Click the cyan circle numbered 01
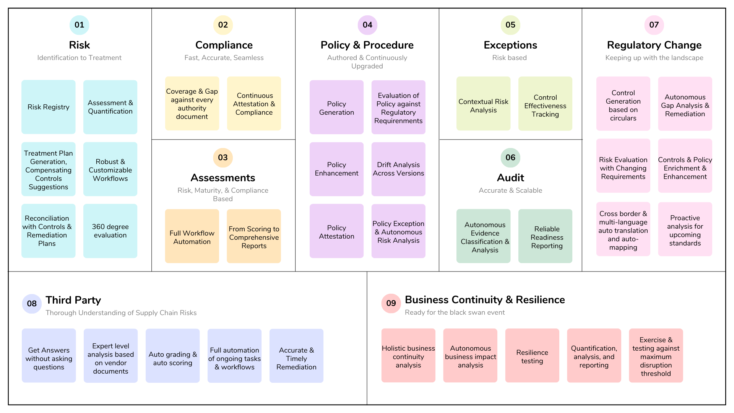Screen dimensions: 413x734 tap(79, 25)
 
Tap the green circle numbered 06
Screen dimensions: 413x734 tap(510, 158)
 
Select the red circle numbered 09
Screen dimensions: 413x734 tap(391, 303)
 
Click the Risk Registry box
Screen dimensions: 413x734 tap(49, 107)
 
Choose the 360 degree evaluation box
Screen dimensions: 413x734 tap(110, 231)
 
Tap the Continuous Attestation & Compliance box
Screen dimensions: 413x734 tap(254, 104)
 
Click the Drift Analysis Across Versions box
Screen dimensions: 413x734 tap(398, 169)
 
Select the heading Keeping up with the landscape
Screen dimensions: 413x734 tap(654, 58)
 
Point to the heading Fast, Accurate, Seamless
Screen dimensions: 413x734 tap(224, 58)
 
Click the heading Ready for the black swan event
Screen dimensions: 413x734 tap(455, 312)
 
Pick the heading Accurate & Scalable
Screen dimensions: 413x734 tap(510, 190)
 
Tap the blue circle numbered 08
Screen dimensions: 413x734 tap(32, 304)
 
